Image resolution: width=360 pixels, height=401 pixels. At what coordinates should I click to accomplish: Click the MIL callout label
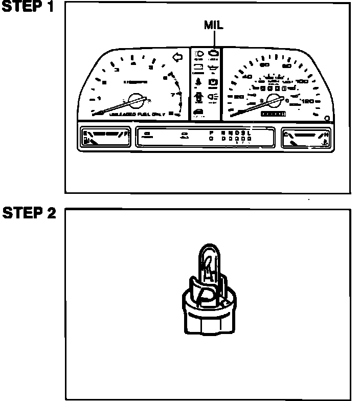point(214,25)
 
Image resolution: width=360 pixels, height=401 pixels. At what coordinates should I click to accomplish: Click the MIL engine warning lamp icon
point(213,53)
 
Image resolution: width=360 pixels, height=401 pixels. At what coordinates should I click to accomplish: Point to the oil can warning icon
point(213,67)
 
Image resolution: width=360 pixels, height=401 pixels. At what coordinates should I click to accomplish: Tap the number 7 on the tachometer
point(173,95)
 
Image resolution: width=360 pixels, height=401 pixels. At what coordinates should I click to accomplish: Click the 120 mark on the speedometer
point(308,101)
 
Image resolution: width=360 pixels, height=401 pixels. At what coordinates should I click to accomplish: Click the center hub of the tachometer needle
point(136,99)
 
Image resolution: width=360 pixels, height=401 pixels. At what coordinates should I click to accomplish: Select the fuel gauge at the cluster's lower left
point(106,138)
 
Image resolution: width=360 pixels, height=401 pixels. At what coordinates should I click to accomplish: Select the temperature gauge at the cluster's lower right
point(306,138)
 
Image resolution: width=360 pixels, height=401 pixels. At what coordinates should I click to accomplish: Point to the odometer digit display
point(272,114)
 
